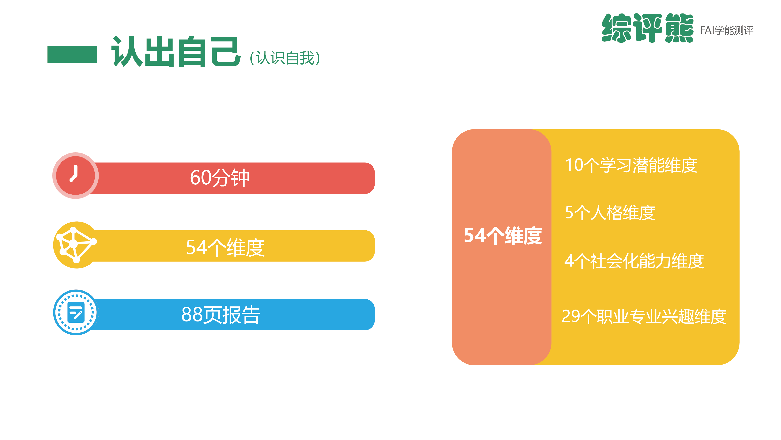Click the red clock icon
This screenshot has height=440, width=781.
coord(76,176)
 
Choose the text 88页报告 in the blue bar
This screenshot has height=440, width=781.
coord(221,315)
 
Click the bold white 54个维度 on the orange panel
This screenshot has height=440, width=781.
coord(503,236)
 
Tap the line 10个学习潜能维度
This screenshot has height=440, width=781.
coord(631,165)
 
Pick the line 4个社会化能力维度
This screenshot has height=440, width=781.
coord(634,261)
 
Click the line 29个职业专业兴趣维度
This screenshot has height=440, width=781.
coord(644,316)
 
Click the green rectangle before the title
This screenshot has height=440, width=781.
coord(72,54)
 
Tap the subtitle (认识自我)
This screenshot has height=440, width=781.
coord(285,58)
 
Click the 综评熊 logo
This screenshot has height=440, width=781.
coord(647,28)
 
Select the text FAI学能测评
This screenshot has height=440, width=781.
coord(727,30)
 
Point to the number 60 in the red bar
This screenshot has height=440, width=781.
coord(200,178)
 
